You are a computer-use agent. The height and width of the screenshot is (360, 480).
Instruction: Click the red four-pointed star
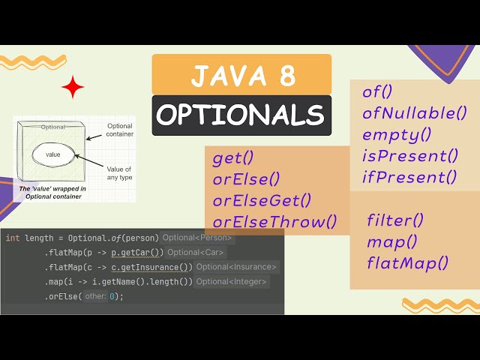point(73,88)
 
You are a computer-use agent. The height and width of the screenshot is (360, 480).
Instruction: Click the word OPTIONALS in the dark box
point(241,115)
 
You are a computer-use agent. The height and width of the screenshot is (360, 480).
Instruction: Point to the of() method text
point(378,92)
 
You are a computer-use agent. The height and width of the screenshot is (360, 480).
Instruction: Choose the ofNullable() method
point(415,114)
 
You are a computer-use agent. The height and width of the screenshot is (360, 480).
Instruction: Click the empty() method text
point(397,135)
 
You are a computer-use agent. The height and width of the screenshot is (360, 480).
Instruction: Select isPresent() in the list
point(409,156)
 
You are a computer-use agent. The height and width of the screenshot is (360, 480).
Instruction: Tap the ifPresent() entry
point(409,177)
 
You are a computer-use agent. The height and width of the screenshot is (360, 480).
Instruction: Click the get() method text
point(233,157)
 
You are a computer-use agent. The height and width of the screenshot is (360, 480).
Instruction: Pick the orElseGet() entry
point(262,200)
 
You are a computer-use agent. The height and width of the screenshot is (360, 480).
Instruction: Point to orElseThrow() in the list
point(274,221)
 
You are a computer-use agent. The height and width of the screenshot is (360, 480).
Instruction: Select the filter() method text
point(395,220)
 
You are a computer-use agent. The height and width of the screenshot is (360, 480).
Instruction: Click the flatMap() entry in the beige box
point(407,262)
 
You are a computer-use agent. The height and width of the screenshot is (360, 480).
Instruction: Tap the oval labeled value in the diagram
point(52,154)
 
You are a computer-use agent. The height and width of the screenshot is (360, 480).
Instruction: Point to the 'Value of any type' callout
point(118,172)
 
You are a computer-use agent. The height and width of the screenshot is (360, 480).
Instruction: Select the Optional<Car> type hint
point(195,252)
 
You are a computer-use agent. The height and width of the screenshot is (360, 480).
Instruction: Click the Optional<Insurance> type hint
point(237,267)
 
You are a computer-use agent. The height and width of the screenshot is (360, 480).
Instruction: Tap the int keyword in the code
point(13,238)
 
